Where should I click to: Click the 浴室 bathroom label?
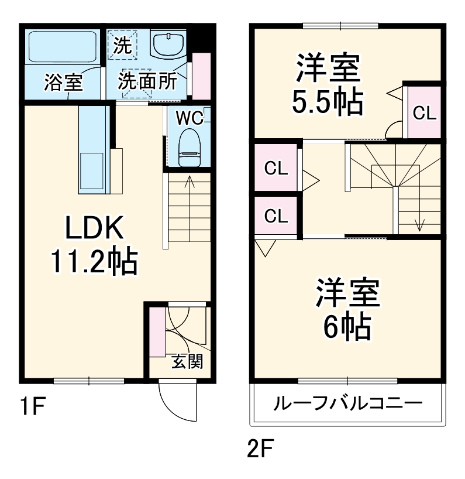[64, 83]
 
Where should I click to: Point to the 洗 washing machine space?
[123, 46]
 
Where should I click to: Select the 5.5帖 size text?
[328, 103]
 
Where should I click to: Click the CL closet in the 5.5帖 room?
[425, 113]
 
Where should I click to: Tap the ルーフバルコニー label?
[347, 404]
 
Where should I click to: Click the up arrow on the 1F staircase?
[190, 182]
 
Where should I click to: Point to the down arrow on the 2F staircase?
[419, 224]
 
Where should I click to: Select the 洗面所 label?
[147, 81]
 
